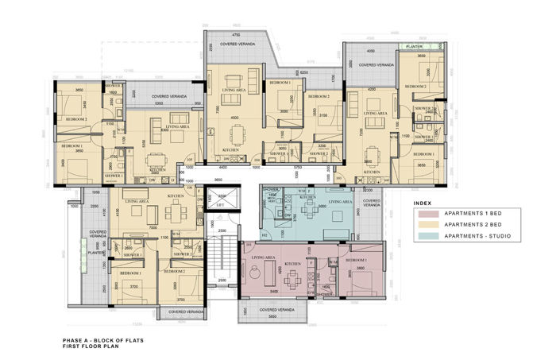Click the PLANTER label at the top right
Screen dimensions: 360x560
[x=412, y=47]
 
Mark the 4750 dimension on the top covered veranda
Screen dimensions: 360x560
[x=235, y=36]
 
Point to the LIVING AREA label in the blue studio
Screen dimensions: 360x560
[x=341, y=203]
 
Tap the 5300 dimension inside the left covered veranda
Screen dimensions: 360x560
[x=159, y=103]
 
